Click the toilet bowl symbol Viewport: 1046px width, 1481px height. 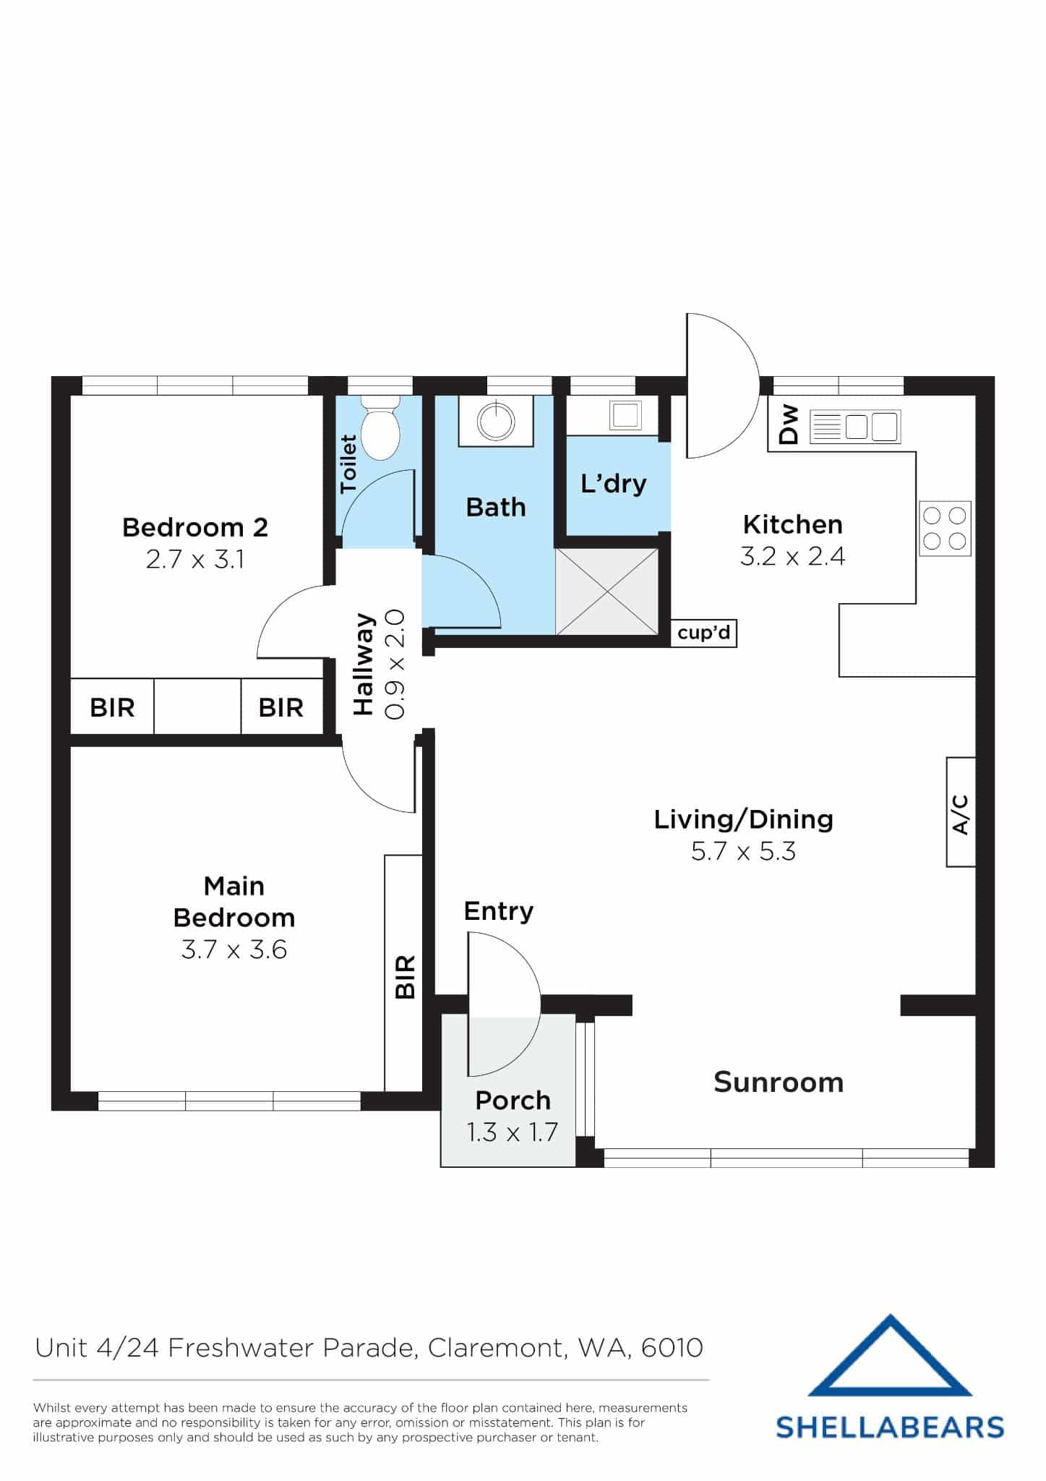pyautogui.click(x=380, y=432)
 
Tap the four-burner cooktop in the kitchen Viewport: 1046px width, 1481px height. pyautogui.click(x=945, y=529)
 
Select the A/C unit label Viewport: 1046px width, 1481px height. pyautogui.click(x=961, y=812)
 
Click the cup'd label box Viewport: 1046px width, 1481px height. pyautogui.click(x=703, y=633)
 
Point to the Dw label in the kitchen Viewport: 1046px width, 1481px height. pyautogui.click(x=789, y=424)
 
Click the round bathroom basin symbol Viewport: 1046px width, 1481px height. pyautogui.click(x=496, y=421)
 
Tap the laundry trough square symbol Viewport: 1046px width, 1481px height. pyautogui.click(x=625, y=415)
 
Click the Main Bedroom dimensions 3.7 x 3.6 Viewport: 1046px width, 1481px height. pyautogui.click(x=234, y=949)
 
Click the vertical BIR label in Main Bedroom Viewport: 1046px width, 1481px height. pyautogui.click(x=406, y=977)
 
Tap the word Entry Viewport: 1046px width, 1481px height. pyautogui.click(x=498, y=911)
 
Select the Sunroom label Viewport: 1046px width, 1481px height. pyautogui.click(x=779, y=1083)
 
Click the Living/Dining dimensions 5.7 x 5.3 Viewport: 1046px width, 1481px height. pyautogui.click(x=743, y=851)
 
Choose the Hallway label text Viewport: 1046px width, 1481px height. pyautogui.click(x=364, y=665)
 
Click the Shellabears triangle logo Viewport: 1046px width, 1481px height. pyautogui.click(x=889, y=1357)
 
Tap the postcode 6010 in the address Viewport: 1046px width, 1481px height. pyautogui.click(x=672, y=1348)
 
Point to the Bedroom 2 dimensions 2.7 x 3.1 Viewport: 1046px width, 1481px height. pyautogui.click(x=195, y=560)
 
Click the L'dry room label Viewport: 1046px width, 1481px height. pyautogui.click(x=614, y=484)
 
